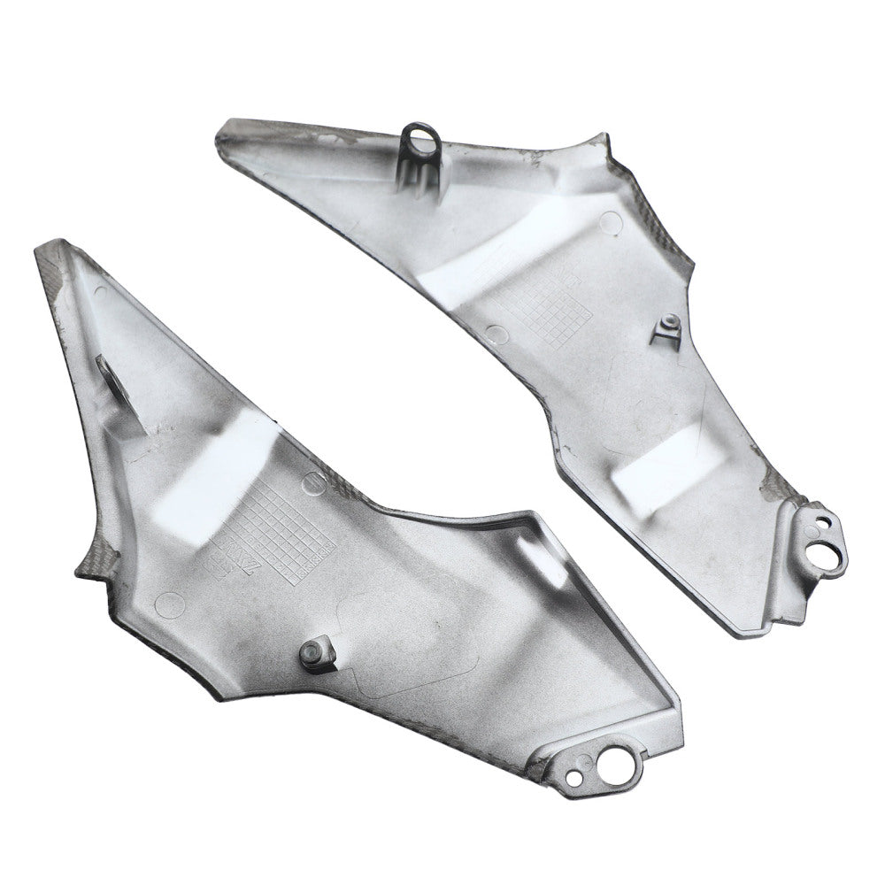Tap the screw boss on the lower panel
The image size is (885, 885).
312,652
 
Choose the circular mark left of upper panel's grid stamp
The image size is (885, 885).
497,335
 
